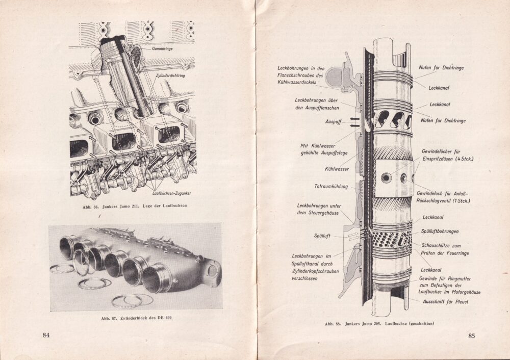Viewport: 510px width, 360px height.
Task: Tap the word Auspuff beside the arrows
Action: click(334, 122)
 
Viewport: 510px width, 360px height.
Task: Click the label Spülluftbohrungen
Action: click(443, 231)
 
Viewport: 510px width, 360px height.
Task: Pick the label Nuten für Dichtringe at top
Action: click(442, 67)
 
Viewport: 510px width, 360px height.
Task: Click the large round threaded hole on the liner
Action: click(387, 177)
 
